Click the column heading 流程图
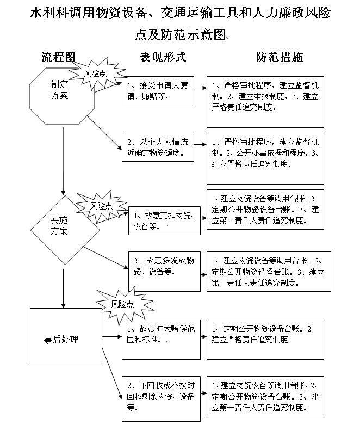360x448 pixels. tap(58, 57)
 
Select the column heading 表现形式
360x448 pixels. tap(163, 57)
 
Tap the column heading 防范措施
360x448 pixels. tap(279, 57)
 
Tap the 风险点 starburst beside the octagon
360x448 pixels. tap(97, 73)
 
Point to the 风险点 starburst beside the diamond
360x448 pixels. tap(102, 206)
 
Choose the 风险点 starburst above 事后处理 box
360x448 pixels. tap(123, 304)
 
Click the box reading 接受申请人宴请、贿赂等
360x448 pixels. tap(158, 90)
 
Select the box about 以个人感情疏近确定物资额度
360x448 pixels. tap(158, 147)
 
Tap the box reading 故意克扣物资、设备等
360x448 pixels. tap(164, 220)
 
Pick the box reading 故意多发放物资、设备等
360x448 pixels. tap(164, 272)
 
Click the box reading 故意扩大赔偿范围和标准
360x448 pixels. tap(162, 340)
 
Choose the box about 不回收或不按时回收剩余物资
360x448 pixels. tap(162, 399)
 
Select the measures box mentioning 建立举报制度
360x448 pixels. tap(265, 102)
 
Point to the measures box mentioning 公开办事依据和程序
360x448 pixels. tap(265, 158)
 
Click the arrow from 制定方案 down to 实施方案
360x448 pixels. tap(63, 162)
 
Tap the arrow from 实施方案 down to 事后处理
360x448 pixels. tap(64, 289)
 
